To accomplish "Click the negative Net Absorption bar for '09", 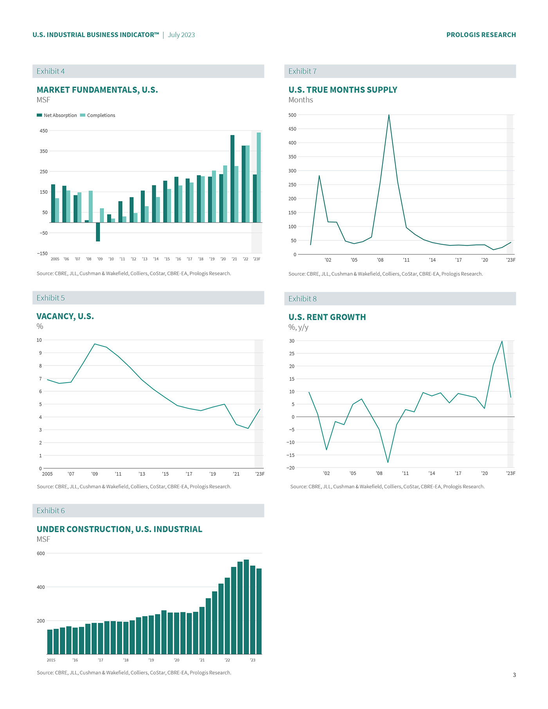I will pos(98,232).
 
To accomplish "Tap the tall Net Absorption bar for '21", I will pos(233,179).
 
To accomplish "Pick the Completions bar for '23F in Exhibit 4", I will pos(259,177).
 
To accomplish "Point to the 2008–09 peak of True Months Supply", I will pos(389,115).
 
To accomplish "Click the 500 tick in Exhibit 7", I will pos(292,115).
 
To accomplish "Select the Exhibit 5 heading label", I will pos(50,298).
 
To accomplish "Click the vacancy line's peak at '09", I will pos(95,344).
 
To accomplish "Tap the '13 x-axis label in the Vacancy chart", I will pos(142,474).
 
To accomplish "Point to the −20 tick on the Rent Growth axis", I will pos(290,468).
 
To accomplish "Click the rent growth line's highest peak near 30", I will pos(502,341).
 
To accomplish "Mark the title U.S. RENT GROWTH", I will pos(327,317).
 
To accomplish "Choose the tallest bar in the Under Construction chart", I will pos(246,606).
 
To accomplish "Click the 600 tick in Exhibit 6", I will pos(41,554).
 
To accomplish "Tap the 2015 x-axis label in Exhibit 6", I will pos(51,660).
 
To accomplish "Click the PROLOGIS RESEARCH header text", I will pos(481,35).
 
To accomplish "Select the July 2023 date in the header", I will pos(181,35).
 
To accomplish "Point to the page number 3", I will pos(514,675).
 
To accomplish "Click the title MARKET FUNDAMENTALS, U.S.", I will pos(97,90).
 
